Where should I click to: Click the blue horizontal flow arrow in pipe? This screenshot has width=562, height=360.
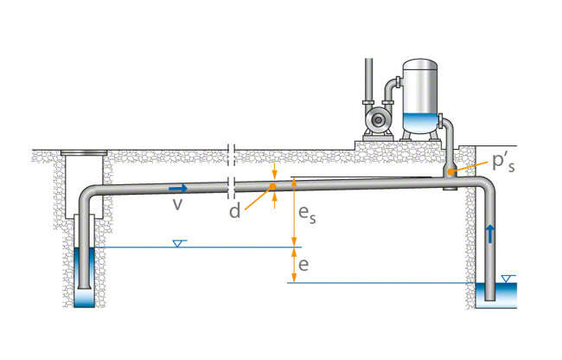pos(177,187)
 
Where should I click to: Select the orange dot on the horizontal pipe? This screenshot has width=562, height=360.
pos(272,185)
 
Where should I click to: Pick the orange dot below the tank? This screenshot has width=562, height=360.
pos(450,172)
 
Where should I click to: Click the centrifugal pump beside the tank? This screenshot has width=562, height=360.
pos(374,117)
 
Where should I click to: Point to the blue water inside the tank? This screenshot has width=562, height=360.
pos(421,124)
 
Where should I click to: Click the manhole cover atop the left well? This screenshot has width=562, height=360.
pos(83,155)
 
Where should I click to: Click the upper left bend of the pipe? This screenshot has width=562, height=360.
pos(86,193)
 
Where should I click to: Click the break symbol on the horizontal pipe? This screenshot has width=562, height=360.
pos(231,183)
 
